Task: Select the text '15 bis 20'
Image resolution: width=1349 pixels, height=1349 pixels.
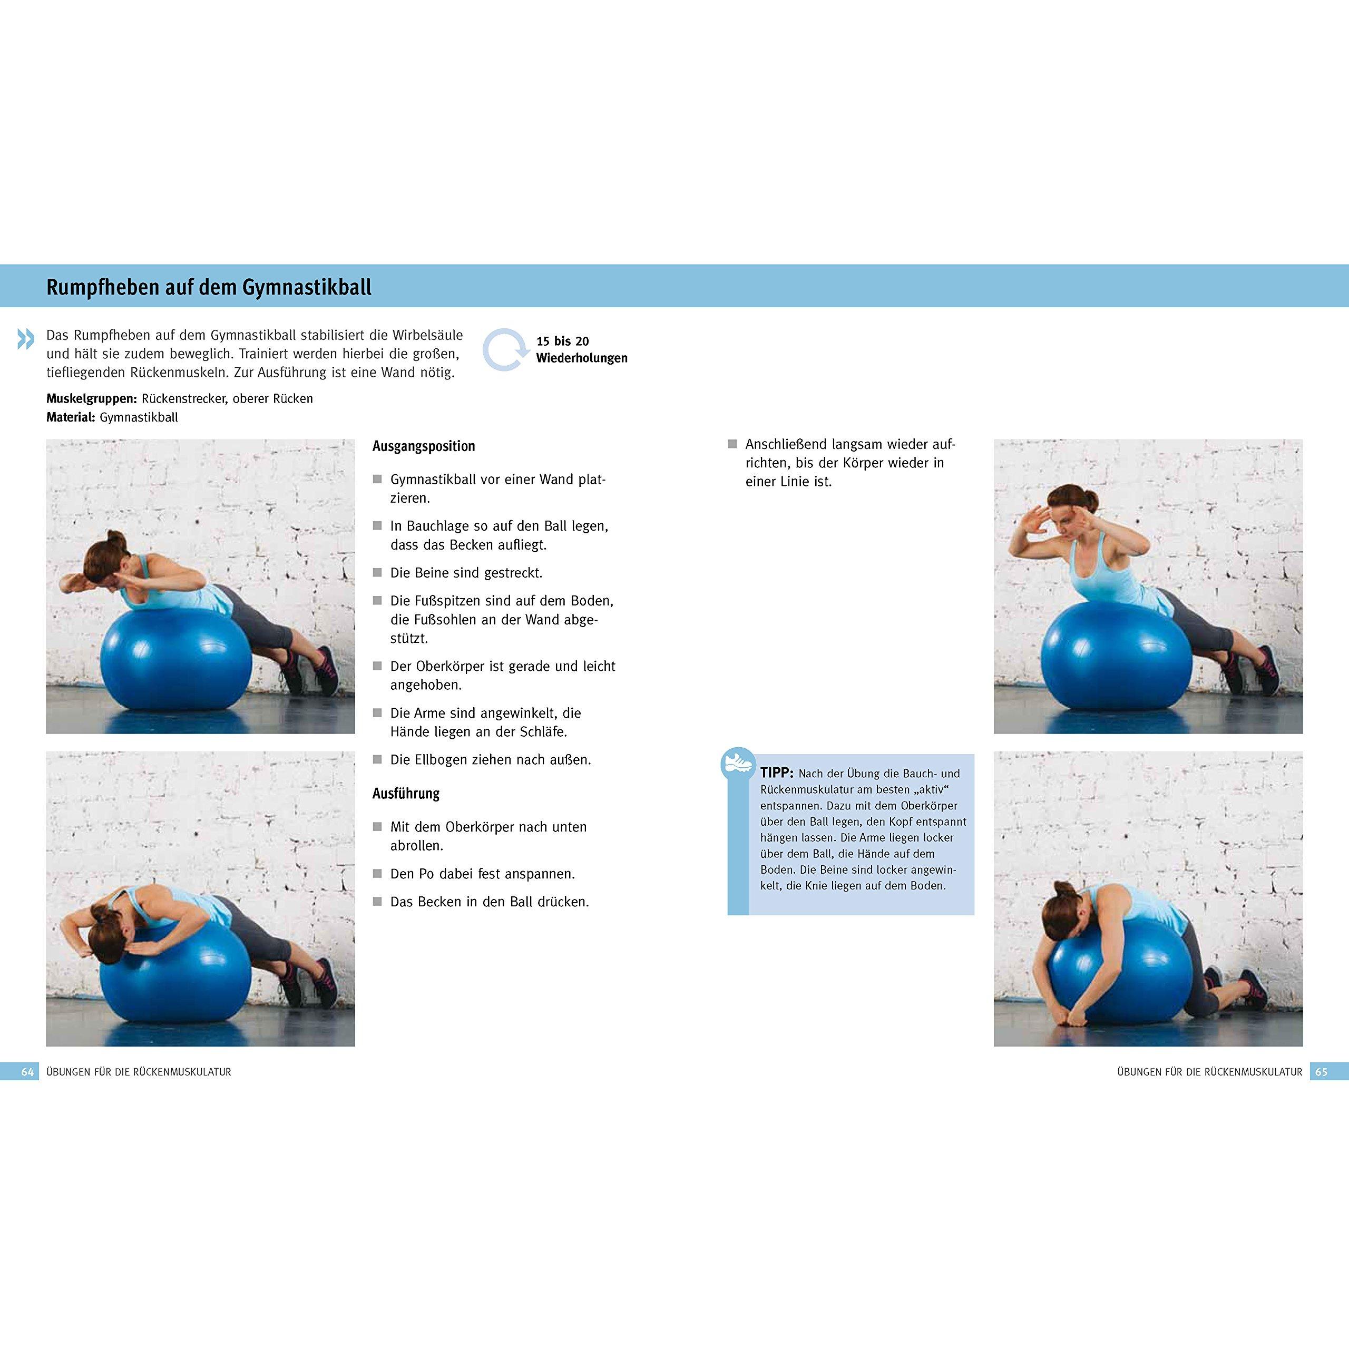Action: tap(562, 341)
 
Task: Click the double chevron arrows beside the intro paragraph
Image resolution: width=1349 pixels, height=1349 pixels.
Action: tap(25, 339)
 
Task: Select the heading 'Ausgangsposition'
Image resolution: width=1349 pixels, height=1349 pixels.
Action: tap(423, 446)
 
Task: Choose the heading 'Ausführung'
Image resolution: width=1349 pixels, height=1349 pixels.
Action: tap(406, 794)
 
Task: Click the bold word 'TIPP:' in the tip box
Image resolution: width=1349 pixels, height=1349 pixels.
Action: tap(776, 773)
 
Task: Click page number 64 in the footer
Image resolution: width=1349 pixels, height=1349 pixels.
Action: tap(27, 1072)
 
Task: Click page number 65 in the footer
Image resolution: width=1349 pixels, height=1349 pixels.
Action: tap(1321, 1072)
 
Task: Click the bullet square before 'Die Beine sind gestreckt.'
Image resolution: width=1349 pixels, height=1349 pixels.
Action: tap(378, 573)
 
